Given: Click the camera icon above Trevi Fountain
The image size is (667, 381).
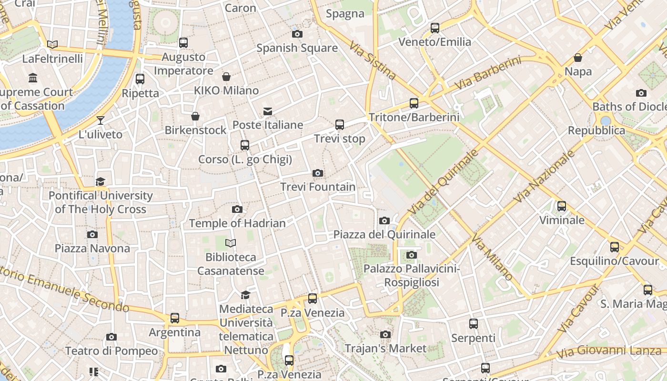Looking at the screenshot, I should coord(318,173).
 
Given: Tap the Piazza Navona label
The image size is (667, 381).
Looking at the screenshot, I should coord(92,248).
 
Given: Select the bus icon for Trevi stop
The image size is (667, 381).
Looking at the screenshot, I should coord(340,125).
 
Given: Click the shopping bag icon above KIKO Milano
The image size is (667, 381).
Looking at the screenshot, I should coord(226,77).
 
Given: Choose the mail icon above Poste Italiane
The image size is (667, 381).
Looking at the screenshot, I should coord(268,111).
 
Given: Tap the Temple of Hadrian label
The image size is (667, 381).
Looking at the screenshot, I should coord(237,223).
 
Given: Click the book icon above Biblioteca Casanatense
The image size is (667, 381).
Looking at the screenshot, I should coord(231,243).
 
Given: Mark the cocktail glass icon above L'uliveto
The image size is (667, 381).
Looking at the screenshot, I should coord(101,120).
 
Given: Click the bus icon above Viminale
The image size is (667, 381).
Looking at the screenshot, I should coord(562,206).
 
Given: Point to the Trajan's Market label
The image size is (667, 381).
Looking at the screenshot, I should coord(385,348).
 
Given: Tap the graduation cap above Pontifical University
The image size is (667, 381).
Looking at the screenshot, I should coord(100,181).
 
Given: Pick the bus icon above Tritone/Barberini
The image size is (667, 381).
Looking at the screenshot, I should coord(414,103).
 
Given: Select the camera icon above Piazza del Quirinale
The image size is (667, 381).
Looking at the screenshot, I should coord(384,221).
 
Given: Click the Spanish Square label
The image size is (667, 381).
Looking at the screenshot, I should coord(297,48).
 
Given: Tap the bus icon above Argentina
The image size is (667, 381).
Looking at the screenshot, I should coord(175,318).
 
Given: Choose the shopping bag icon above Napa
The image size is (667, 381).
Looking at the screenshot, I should coord(578,58).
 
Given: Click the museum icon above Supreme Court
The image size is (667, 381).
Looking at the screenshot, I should coord(33,78).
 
